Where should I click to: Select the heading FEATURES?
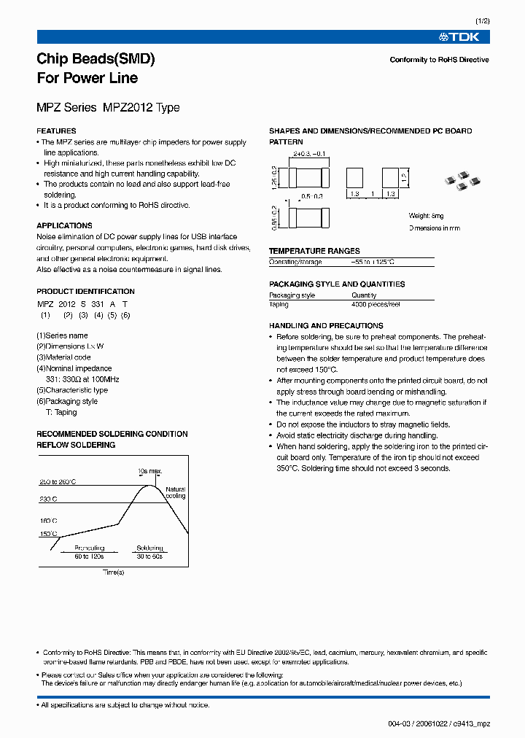(x=56, y=131)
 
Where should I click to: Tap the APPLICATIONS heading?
(x=64, y=226)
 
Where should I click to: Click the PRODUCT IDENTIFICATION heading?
(x=85, y=292)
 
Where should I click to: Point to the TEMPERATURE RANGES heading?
(x=314, y=251)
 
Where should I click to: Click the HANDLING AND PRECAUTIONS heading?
(x=326, y=326)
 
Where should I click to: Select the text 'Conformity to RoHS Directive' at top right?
(x=439, y=60)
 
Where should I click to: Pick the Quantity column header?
(x=364, y=295)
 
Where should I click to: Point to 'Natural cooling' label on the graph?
(x=176, y=492)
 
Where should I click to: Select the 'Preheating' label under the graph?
(x=90, y=548)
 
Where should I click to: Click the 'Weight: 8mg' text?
(x=426, y=217)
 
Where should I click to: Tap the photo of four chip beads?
(x=462, y=181)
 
